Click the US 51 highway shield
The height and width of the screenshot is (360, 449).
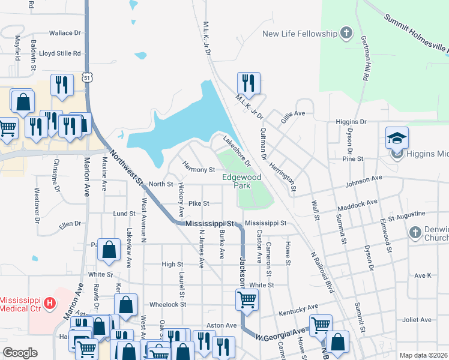click(88, 78)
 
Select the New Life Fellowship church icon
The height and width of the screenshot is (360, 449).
click(346, 33)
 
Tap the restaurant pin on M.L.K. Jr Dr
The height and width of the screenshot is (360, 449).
click(247, 83)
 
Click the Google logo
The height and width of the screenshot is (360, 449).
click(20, 353)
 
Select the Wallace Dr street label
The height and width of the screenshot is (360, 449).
click(65, 33)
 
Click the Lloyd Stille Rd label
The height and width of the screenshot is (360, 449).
click(60, 53)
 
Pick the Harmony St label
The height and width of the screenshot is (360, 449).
click(198, 170)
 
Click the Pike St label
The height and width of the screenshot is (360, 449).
click(198, 204)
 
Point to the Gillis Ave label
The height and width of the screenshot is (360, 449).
click(293, 113)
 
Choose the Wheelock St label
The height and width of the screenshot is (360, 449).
click(167, 304)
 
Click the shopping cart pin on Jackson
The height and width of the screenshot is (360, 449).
click(247, 299)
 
